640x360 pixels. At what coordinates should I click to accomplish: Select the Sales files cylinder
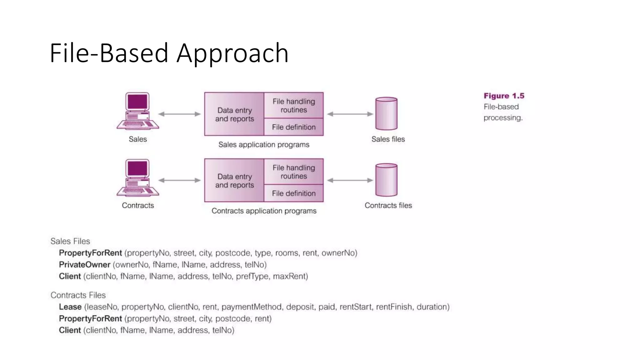(386, 113)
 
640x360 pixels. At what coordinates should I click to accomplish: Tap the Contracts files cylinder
(386, 180)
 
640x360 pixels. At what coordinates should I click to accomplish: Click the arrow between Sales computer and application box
(179, 114)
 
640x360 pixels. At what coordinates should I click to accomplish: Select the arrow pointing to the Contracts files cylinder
(350, 180)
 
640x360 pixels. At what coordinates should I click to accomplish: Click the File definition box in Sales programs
(293, 127)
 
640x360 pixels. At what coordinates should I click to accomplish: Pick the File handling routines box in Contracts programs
(293, 172)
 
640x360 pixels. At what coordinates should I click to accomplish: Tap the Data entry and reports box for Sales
(234, 114)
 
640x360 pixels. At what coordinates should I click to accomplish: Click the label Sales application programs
(264, 145)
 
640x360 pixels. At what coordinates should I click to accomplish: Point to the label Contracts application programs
(264, 211)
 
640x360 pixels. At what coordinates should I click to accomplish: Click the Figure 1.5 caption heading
(504, 96)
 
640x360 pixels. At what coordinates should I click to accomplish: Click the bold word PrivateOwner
(85, 265)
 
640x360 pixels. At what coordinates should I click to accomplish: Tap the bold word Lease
(70, 307)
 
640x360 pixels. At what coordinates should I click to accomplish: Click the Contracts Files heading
(78, 295)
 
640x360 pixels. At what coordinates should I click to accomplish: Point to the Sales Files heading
(70, 241)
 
